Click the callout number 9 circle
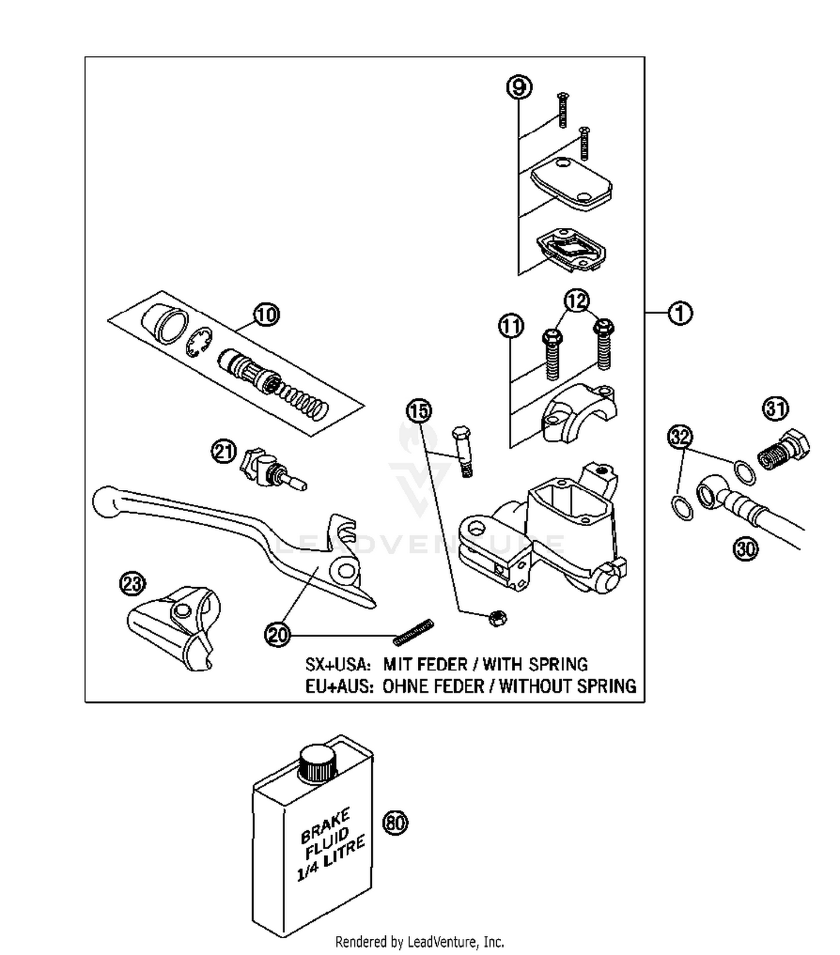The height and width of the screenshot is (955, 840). click(519, 87)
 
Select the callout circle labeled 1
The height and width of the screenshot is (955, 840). click(680, 313)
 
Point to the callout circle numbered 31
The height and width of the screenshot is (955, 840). click(775, 409)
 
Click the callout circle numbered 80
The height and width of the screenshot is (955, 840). click(395, 823)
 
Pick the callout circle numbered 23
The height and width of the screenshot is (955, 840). click(132, 584)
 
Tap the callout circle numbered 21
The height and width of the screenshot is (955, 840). click(224, 452)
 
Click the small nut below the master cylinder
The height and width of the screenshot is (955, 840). click(497, 618)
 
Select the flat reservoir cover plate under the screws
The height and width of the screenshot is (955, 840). click(571, 185)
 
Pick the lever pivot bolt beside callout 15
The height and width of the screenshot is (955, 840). click(463, 451)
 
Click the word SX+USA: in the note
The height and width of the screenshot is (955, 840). click(338, 664)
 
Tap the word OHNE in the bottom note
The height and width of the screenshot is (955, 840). click(405, 686)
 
